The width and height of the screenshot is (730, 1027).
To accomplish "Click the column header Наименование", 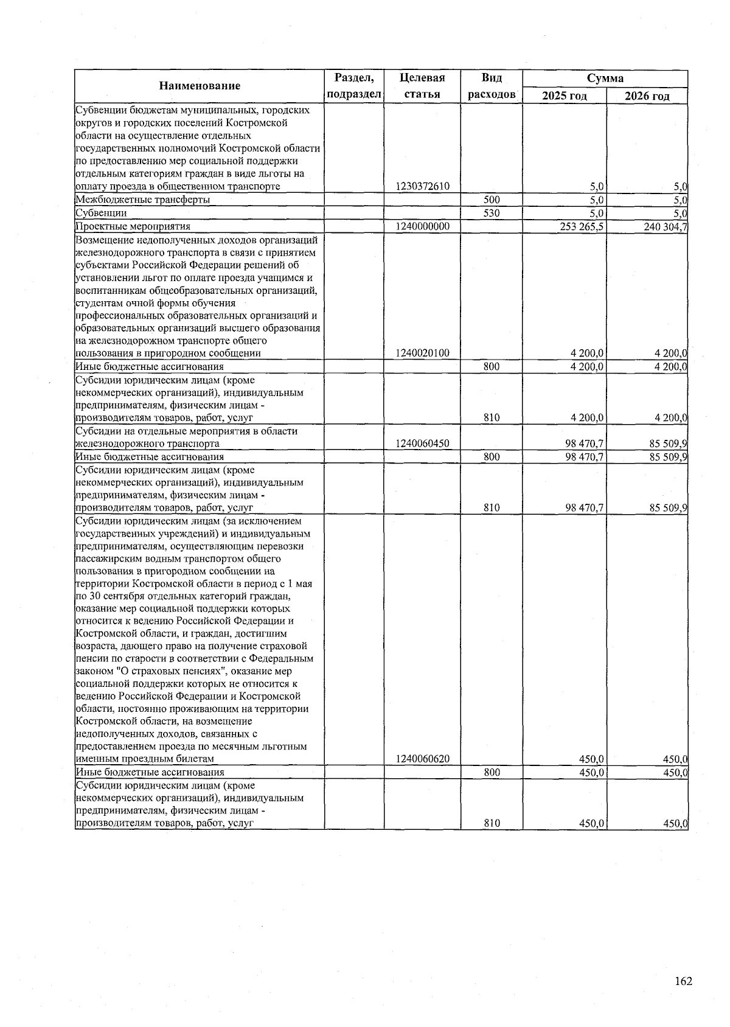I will [200, 86].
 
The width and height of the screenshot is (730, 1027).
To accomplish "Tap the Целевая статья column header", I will [422, 86].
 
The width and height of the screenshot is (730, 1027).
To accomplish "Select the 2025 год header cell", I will [565, 96].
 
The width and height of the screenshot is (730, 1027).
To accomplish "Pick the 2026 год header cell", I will [647, 96].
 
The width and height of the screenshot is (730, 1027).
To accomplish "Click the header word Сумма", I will [605, 78].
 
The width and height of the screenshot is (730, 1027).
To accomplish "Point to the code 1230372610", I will [422, 187].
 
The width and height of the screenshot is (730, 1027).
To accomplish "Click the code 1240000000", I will [422, 226].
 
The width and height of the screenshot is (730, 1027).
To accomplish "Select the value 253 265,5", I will [582, 226].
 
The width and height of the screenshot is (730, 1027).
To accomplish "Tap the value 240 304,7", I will [664, 226].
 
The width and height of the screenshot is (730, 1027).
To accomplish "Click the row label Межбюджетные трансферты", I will [143, 200].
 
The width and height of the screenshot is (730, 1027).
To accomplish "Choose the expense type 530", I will [492, 213].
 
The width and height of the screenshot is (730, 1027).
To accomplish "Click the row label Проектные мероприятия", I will [133, 226].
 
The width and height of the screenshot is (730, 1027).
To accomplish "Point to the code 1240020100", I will [422, 353].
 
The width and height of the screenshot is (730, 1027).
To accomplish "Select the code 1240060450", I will [422, 444].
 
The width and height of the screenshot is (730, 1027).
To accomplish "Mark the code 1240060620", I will [422, 759].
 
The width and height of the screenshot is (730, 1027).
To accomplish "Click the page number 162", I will [683, 981].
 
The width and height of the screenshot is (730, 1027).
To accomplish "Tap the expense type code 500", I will [492, 200].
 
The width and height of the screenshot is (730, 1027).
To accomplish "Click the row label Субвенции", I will [101, 213].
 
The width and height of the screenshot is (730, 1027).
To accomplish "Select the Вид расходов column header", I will [492, 86].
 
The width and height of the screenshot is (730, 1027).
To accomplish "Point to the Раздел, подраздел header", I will [354, 86].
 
